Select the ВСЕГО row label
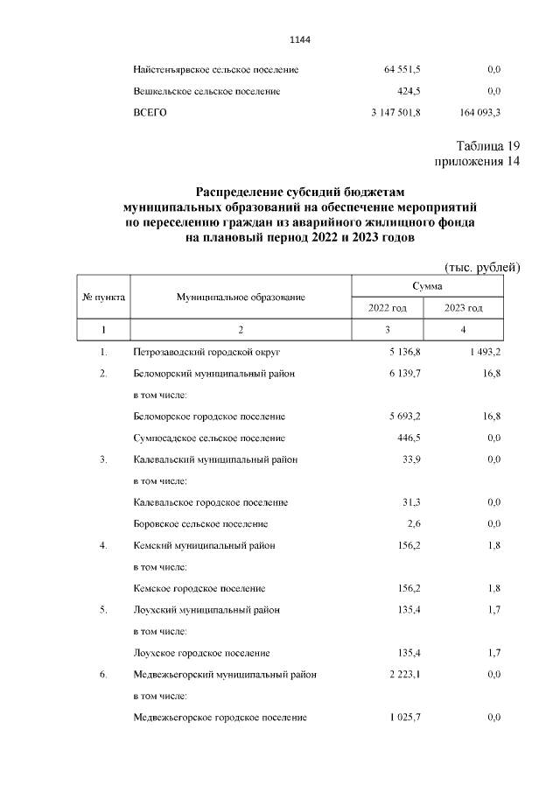[x=150, y=113]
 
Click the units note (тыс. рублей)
[x=482, y=266]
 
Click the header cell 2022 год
[x=388, y=308]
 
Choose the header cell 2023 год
[x=463, y=308]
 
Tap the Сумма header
[x=427, y=286]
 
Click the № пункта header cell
[x=103, y=298]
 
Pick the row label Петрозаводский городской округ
[x=206, y=352]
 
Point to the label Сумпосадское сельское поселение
[x=210, y=438]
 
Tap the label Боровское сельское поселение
[x=200, y=523]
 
